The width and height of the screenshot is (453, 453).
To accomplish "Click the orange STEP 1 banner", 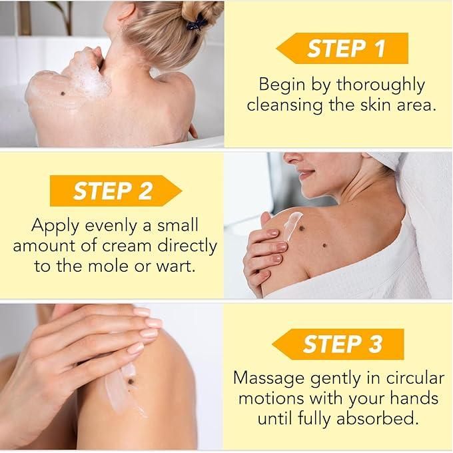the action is click(342, 48).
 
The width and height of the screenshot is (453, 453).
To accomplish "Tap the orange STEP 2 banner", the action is click(115, 191).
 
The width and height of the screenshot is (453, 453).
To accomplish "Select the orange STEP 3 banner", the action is click(338, 344).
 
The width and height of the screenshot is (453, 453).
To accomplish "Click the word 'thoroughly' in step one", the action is click(380, 86).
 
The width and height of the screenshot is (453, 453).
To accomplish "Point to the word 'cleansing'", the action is click(284, 106).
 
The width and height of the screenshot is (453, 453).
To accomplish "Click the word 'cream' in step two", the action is click(127, 246).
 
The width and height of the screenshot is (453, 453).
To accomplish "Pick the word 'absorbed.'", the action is click(378, 418).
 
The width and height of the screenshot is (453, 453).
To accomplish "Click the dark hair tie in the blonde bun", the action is click(196, 23).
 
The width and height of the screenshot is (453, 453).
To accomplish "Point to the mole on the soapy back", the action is click(63, 93).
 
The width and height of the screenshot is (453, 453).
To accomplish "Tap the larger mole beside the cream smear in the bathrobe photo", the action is click(302, 228).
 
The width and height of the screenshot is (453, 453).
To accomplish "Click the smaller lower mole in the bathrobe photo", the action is click(324, 246).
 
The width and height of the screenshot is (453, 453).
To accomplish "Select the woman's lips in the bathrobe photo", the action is click(306, 174).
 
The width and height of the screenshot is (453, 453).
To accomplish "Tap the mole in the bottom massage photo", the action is click(131, 382).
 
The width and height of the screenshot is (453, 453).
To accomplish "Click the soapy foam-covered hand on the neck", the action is click(87, 68).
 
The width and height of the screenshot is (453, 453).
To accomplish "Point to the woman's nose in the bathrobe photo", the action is click(292, 159).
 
